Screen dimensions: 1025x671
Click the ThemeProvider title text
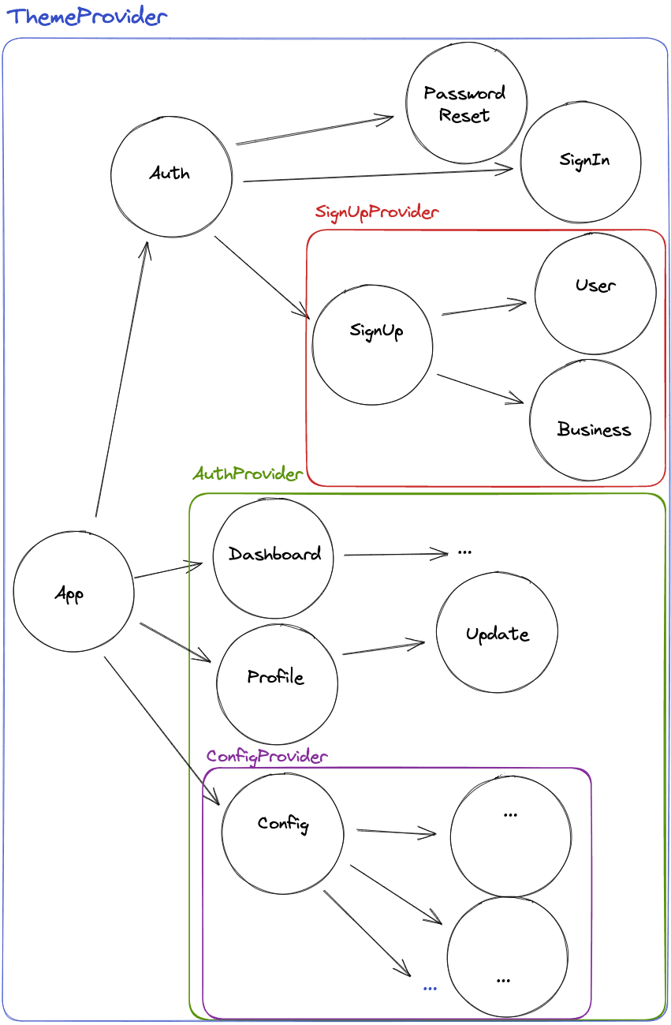pos(86,17)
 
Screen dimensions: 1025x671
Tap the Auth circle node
pos(171,174)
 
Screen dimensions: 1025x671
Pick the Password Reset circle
pos(466,103)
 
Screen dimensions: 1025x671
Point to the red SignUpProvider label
pos(376,212)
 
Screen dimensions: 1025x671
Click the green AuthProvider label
pos(247,474)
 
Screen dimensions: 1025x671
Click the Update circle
pos(497,633)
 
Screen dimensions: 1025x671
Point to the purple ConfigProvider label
pos(267,757)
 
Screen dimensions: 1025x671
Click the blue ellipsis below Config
pos(430,987)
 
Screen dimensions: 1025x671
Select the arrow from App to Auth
pos(121,379)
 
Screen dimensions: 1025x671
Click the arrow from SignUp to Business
pos(480,388)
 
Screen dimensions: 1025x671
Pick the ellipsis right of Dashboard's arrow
pos(464,552)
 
